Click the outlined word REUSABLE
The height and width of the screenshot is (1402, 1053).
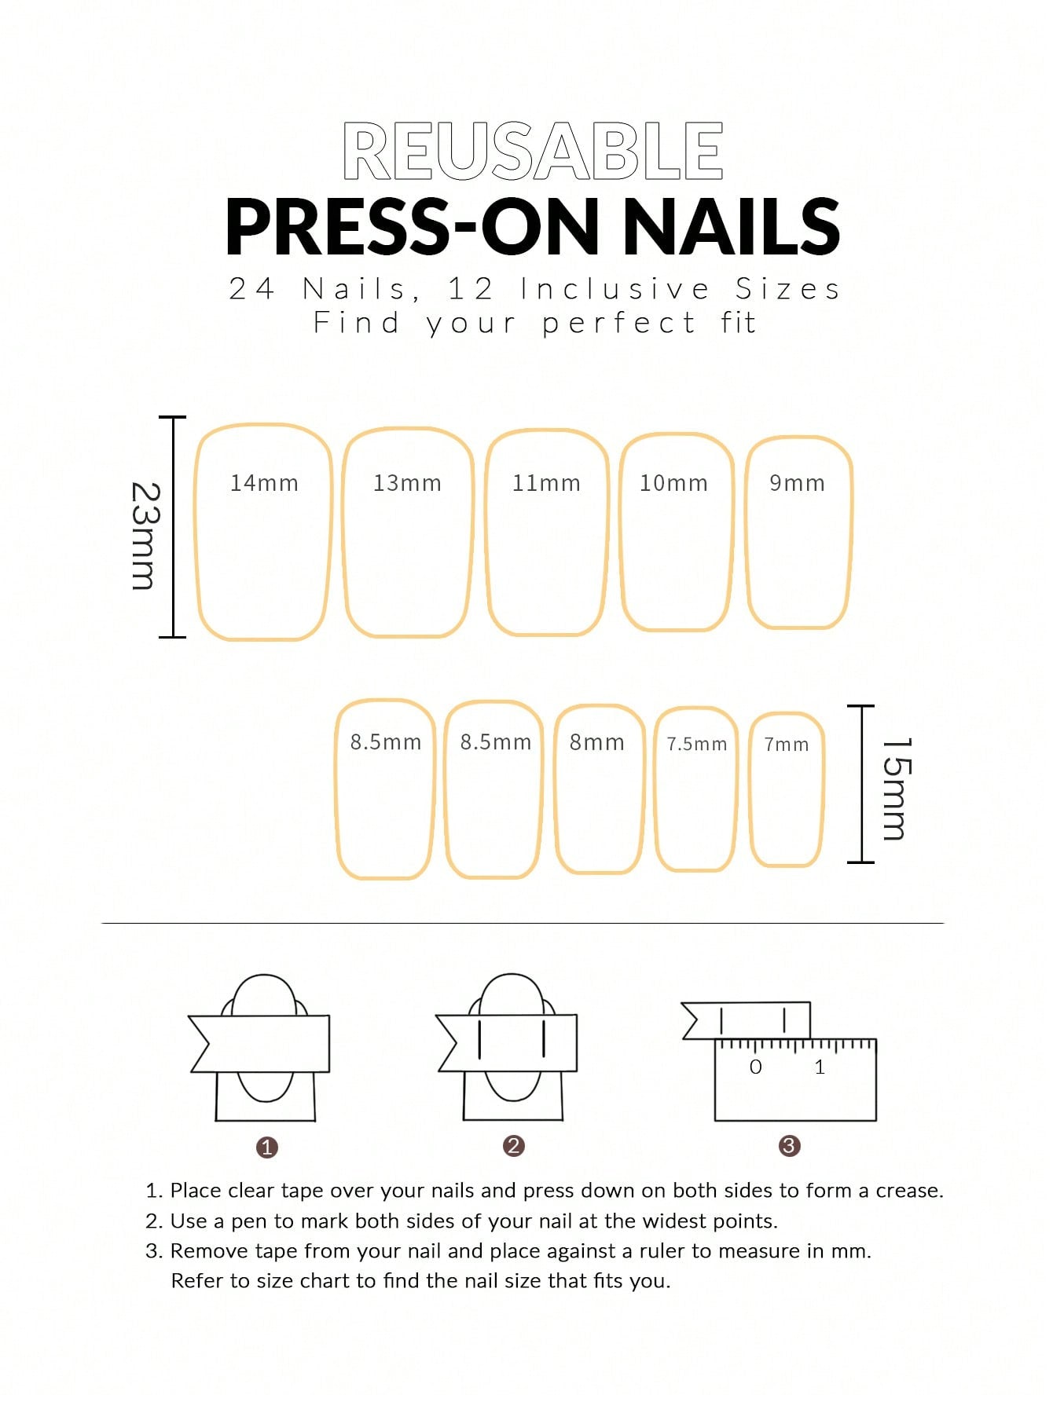tap(533, 151)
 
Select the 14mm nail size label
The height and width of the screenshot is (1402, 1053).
tap(264, 483)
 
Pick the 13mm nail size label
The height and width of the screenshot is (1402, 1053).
tap(407, 483)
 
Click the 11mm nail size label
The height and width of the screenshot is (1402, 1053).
tap(546, 483)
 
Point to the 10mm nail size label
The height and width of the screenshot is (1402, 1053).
tap(673, 483)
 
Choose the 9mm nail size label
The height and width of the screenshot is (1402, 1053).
tap(797, 483)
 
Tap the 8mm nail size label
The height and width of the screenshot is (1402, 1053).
tap(597, 742)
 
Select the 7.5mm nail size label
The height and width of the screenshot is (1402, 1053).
tap(697, 744)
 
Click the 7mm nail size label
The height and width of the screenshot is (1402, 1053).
tap(787, 745)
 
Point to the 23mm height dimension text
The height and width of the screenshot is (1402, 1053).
tap(145, 536)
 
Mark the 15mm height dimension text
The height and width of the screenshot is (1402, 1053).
tap(896, 789)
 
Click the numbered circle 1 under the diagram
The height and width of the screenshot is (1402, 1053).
tap(267, 1148)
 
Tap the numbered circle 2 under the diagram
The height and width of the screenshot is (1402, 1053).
tap(514, 1146)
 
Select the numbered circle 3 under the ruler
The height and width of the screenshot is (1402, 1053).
tap(789, 1146)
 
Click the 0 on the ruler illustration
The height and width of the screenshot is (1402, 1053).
tap(756, 1067)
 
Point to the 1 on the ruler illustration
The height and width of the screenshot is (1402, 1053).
tap(820, 1067)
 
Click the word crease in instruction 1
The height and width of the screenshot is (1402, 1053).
tap(910, 1191)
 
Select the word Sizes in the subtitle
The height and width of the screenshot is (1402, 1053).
tap(788, 289)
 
